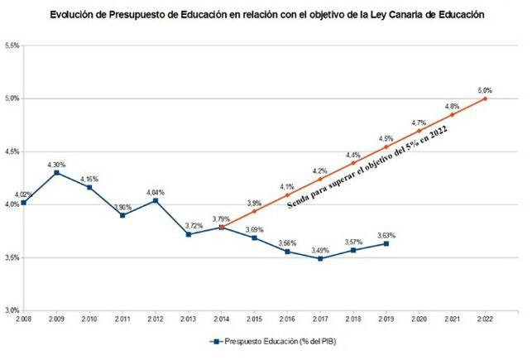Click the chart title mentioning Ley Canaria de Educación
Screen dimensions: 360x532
click(266, 15)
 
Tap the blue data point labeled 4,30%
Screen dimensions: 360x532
click(56, 172)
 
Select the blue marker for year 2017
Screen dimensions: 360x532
click(320, 258)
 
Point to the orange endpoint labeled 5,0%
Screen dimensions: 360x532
click(485, 98)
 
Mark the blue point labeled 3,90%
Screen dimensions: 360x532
click(122, 215)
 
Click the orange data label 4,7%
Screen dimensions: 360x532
click(419, 122)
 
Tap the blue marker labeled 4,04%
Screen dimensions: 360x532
click(156, 200)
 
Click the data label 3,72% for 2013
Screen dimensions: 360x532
click(189, 225)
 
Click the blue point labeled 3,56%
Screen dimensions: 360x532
click(287, 251)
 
